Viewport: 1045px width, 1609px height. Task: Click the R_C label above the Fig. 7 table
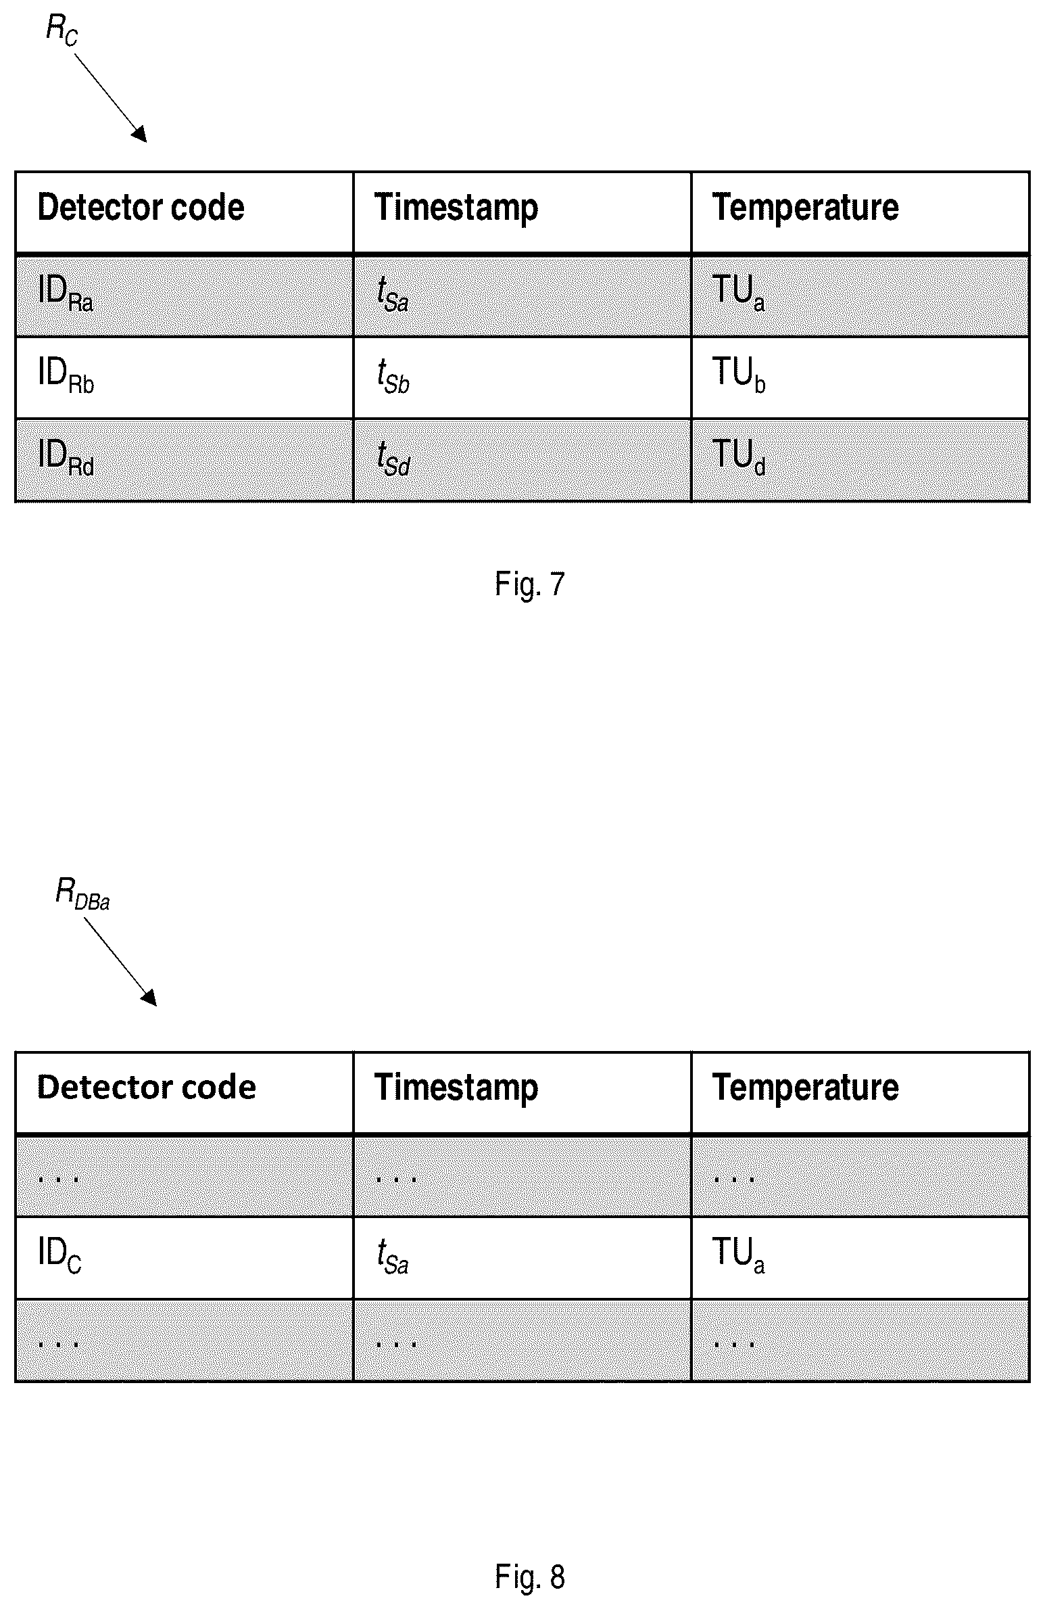(62, 30)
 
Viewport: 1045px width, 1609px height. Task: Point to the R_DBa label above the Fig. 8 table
(82, 896)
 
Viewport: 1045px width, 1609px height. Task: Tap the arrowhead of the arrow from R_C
(139, 133)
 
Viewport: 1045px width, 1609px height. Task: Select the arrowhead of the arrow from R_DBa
(149, 997)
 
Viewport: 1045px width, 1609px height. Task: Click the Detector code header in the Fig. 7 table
(141, 207)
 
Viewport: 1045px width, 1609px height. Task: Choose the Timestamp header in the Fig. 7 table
(456, 207)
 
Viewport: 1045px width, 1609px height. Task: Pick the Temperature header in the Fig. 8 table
(806, 1088)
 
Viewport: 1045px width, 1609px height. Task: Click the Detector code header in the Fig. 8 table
(147, 1088)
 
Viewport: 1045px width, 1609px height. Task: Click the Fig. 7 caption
(530, 584)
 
